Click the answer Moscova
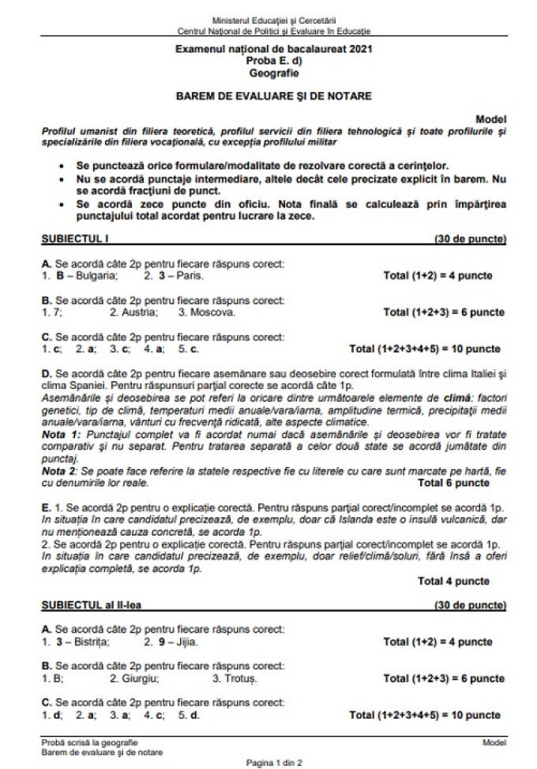pyautogui.click(x=213, y=312)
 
